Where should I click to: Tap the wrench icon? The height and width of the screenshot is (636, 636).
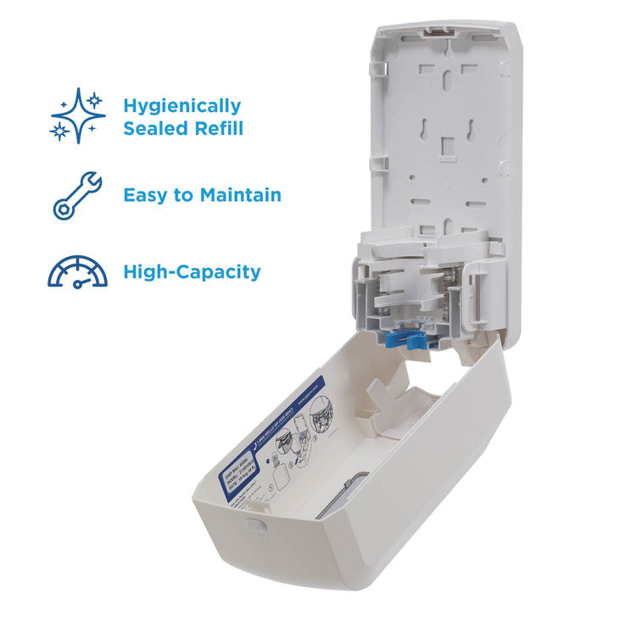tap(77, 195)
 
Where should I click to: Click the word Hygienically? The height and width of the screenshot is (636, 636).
tap(181, 106)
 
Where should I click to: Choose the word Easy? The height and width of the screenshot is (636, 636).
tap(146, 195)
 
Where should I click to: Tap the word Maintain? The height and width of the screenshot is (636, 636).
tap(241, 195)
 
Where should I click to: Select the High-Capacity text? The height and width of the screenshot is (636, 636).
tap(192, 272)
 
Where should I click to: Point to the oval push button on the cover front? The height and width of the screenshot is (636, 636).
tap(252, 524)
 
